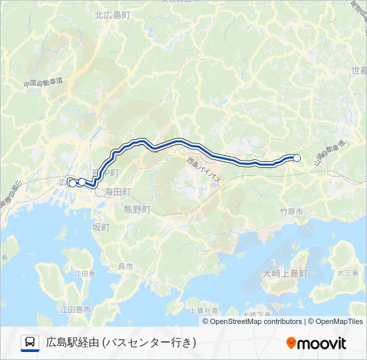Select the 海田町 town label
click(x=117, y=192)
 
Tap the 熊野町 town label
click(x=137, y=209)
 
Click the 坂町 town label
click(x=101, y=227)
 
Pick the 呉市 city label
click(x=125, y=266)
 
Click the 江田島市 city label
click(x=75, y=309)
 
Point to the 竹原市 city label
click(x=291, y=211)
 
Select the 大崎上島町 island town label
click(x=284, y=273)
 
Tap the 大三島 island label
click(x=348, y=273)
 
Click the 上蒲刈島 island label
click(x=204, y=310)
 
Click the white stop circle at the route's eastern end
click(x=297, y=158)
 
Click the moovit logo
click(x=316, y=343)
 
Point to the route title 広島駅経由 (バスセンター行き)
click(x=121, y=343)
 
